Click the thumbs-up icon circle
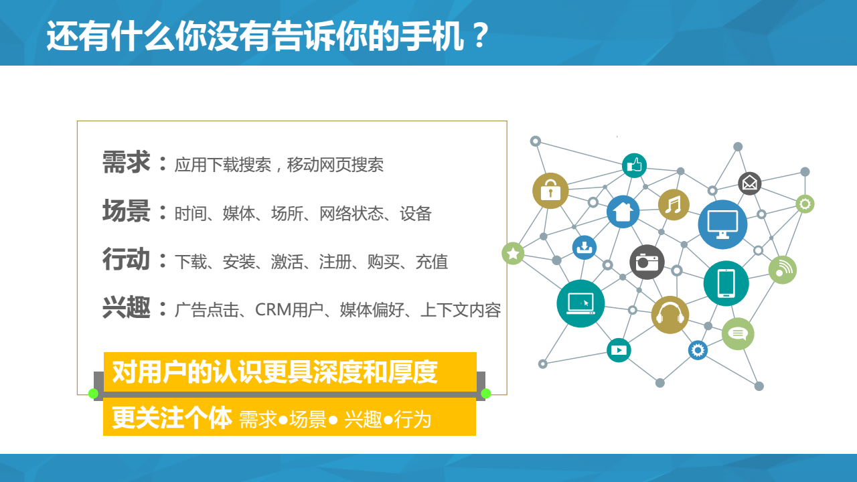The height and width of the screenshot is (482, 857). coord(634,165)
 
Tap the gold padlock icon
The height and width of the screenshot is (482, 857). coord(550,191)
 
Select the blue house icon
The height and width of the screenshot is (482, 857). coord(623,212)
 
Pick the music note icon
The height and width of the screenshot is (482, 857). coord(674,205)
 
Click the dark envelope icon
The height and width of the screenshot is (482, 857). coord(749,183)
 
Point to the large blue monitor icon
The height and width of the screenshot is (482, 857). coord(722,224)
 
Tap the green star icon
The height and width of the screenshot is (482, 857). coord(513,253)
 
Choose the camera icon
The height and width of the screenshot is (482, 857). coord(647,262)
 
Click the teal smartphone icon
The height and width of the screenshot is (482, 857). coord(726,283)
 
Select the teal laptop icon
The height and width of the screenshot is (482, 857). coord(580,304)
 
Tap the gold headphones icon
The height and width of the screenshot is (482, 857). coord(670,315)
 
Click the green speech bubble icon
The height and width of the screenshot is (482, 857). coord(738,333)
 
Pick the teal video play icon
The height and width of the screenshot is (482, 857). coord(619,350)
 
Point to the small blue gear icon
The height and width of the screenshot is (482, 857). coord(698,350)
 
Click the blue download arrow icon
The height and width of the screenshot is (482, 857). coord(585,248)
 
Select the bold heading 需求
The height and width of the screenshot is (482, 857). coord(126,162)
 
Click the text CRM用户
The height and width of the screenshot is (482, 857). coord(289,310)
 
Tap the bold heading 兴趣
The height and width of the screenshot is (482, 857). coord(126,307)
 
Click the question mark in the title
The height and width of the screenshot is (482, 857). coord(480,35)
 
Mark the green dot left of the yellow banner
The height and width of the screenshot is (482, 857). coord(93,393)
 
